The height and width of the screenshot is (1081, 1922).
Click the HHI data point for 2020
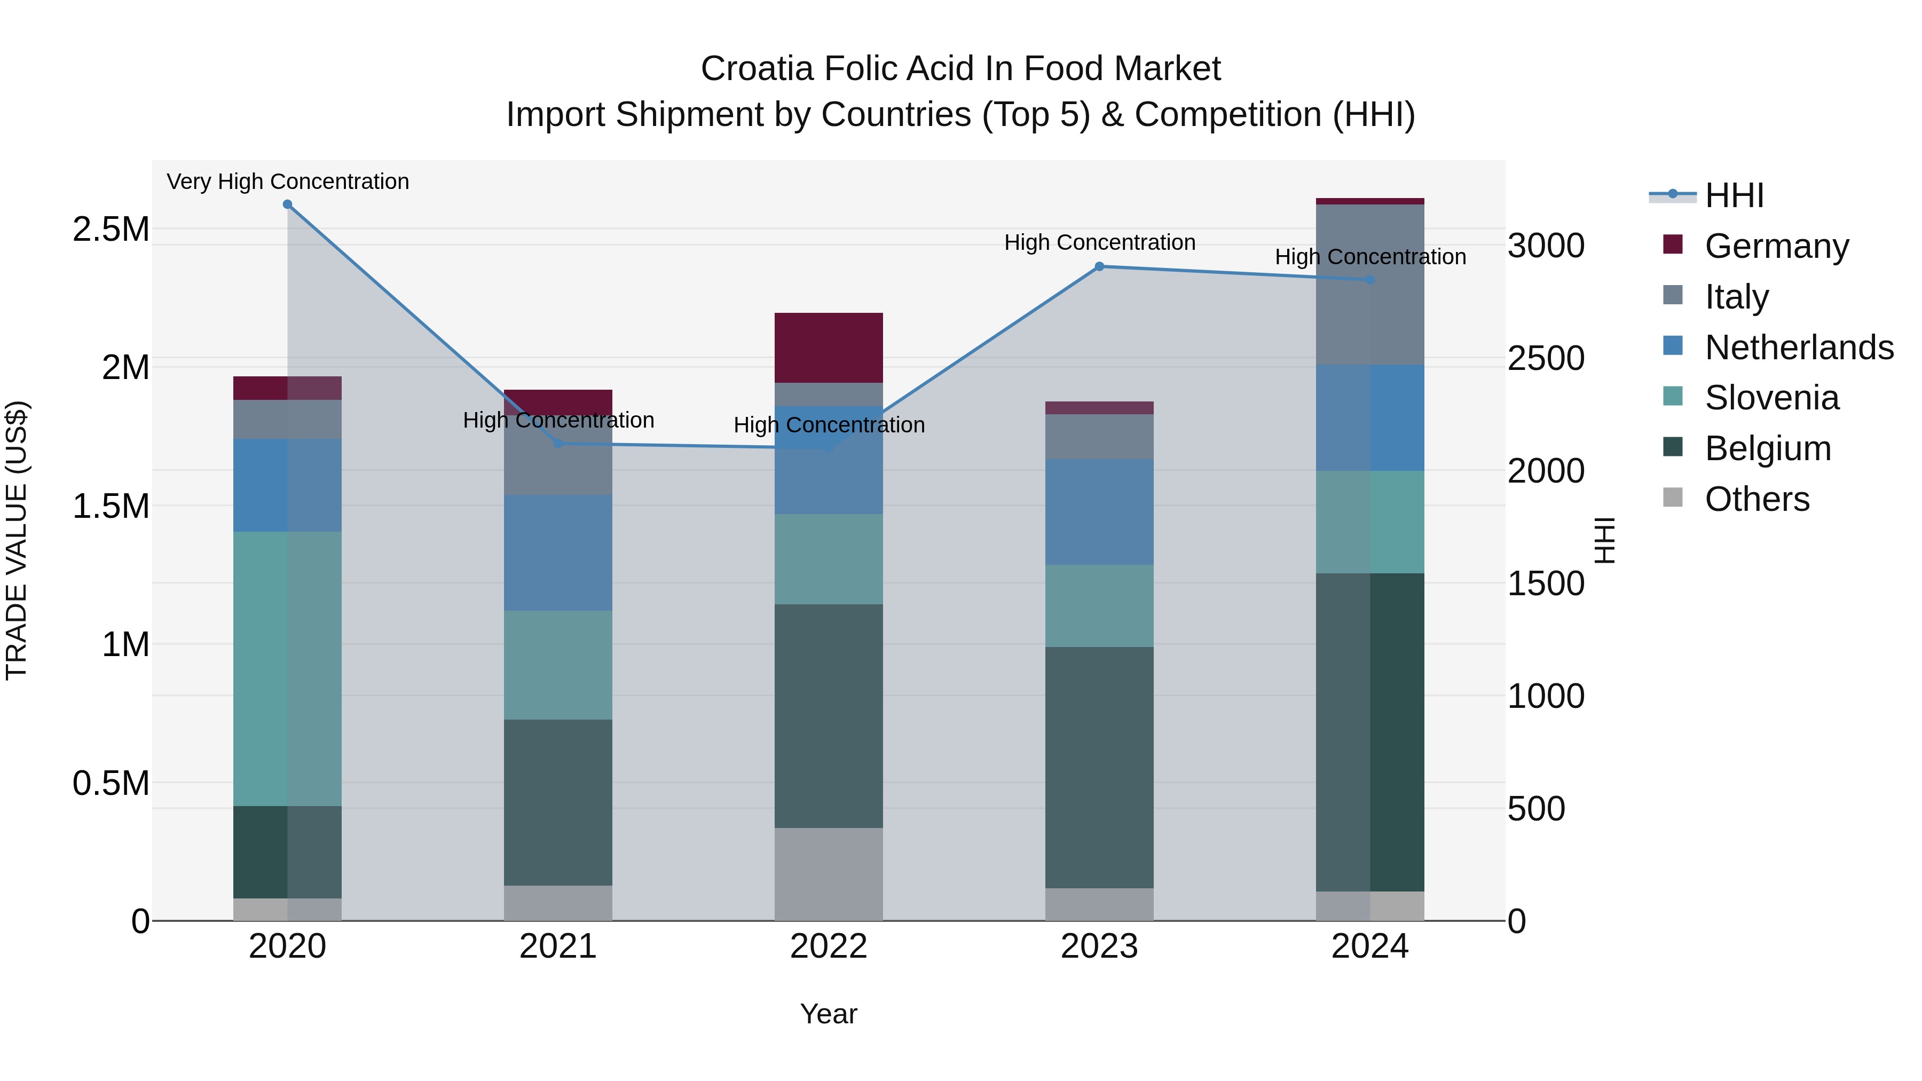(x=287, y=204)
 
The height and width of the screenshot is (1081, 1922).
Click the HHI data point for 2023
(x=1099, y=266)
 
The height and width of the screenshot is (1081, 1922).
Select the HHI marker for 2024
(x=1370, y=280)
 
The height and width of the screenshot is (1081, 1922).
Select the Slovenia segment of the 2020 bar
(x=287, y=668)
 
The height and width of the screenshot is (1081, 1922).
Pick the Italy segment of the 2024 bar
(x=1370, y=284)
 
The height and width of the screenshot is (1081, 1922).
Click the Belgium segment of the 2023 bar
(x=1099, y=767)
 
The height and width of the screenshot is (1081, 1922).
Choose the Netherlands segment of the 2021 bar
(x=558, y=553)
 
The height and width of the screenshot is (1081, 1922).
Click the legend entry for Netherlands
(x=1798, y=348)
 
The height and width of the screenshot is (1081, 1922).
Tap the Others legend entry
(x=1756, y=499)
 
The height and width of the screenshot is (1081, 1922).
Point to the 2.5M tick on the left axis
(x=111, y=229)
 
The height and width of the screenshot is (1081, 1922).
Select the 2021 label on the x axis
(x=558, y=946)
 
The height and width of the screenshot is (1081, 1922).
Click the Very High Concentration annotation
(x=287, y=182)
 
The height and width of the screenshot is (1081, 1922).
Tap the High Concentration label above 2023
(x=1099, y=242)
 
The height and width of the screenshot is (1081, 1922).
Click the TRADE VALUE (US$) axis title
(x=17, y=540)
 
